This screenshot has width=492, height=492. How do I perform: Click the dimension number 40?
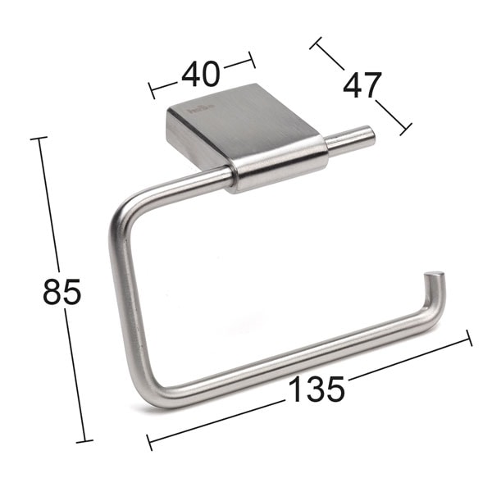click(201, 74)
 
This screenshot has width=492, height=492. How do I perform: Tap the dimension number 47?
click(362, 85)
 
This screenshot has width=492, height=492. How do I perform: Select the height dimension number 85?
click(62, 292)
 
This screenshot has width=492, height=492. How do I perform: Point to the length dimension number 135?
click(316, 389)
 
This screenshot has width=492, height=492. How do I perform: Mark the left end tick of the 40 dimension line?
click(151, 88)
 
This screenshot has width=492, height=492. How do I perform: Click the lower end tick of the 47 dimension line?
click(404, 129)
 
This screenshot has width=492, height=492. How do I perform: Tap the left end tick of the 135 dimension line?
click(148, 442)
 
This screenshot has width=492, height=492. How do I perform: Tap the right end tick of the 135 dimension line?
click(469, 337)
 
